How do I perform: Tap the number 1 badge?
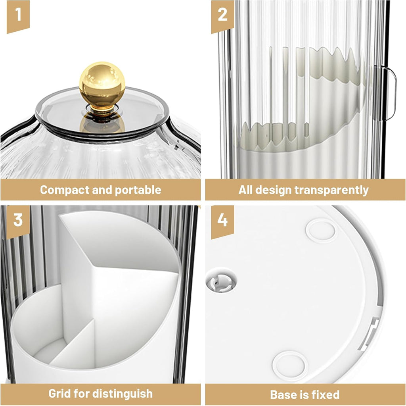point(18,16)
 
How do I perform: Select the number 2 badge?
point(222,16)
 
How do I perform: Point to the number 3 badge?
point(18,222)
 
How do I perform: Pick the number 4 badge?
point(222,222)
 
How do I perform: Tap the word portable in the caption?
point(138,190)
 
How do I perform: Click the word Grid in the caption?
point(59,394)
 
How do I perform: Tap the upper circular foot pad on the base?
point(321,231)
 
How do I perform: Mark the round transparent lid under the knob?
point(102,114)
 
